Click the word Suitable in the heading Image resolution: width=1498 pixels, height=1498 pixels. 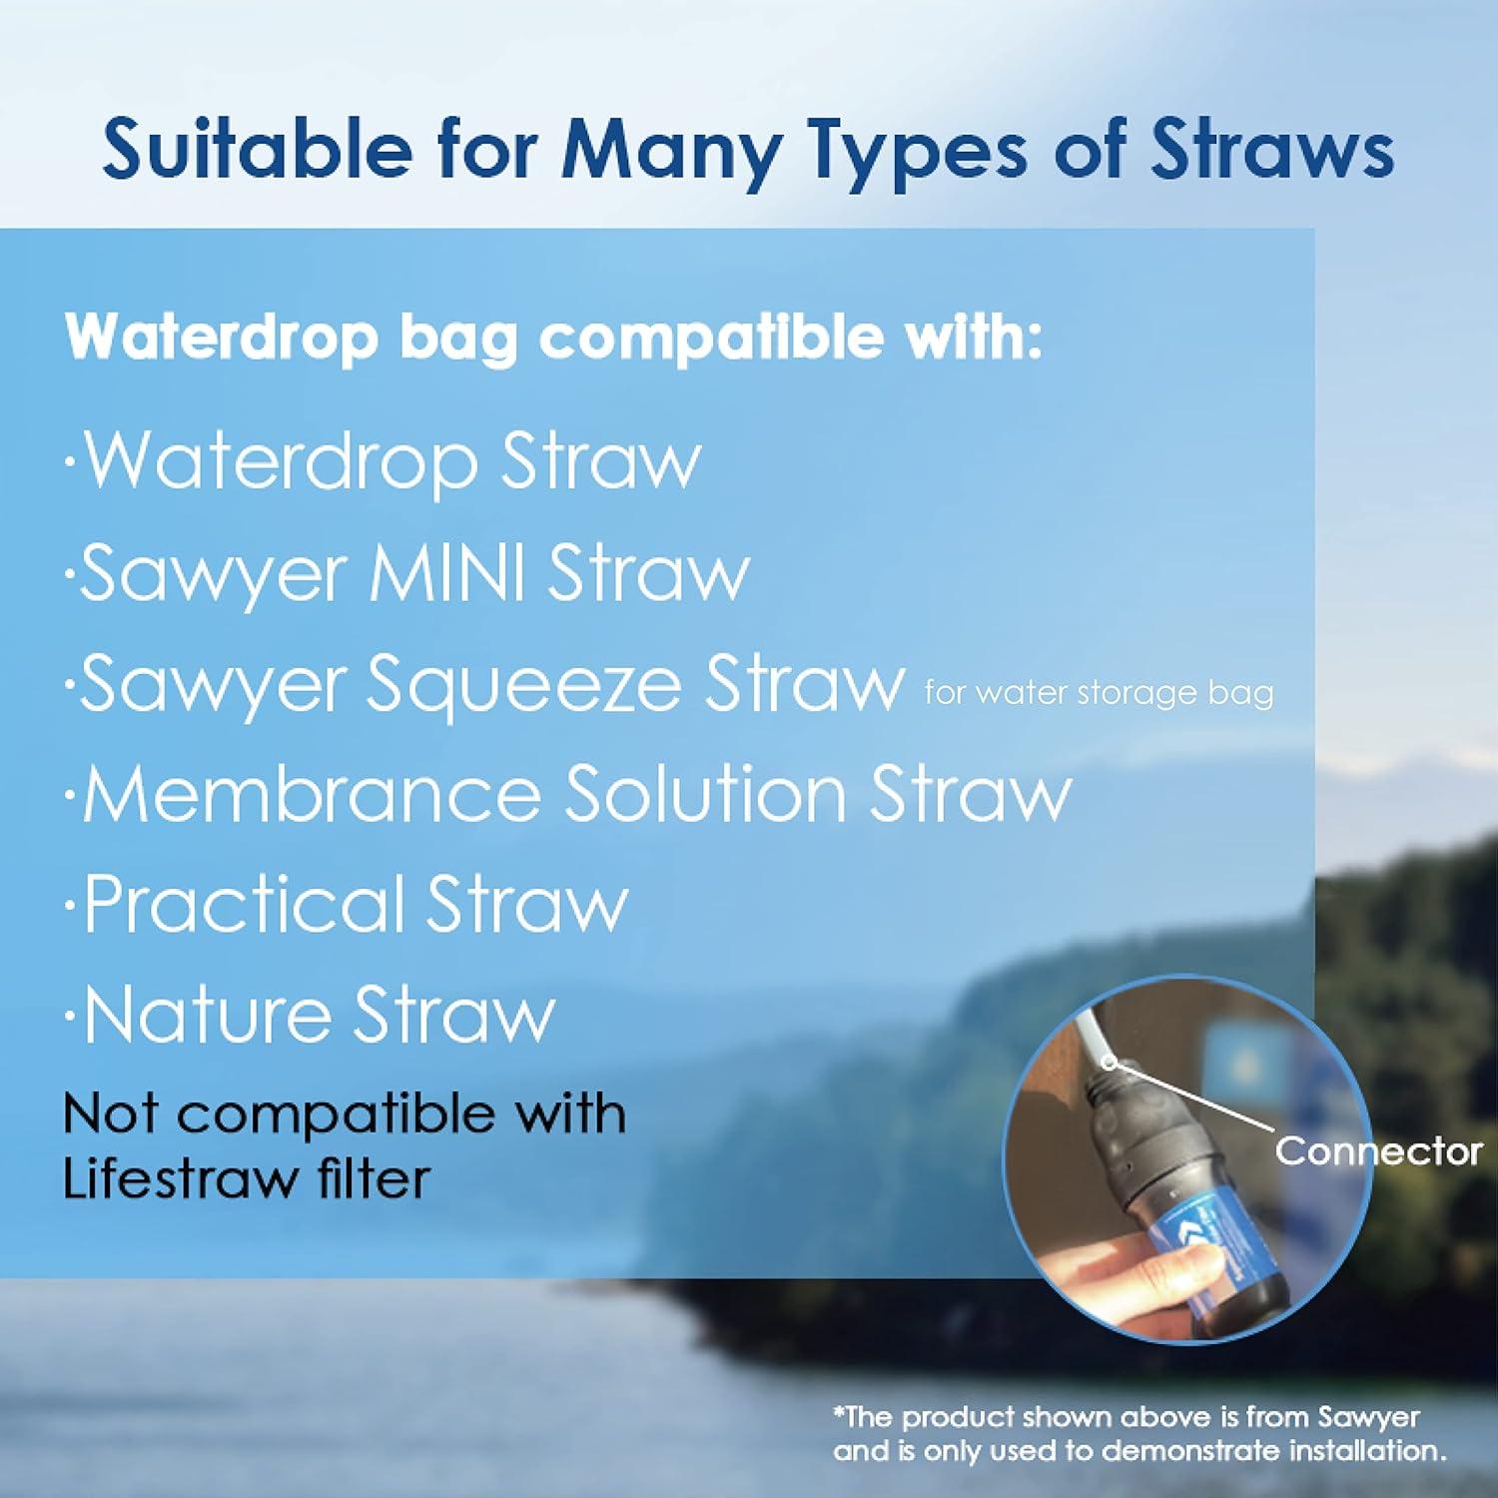click(x=258, y=150)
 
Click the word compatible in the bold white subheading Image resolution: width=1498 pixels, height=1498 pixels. click(x=711, y=338)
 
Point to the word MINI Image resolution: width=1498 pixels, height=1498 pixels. click(x=447, y=574)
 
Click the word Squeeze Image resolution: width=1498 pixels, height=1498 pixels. click(x=525, y=687)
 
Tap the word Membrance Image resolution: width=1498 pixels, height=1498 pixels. click(x=312, y=795)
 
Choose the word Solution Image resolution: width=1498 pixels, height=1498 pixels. click(x=705, y=795)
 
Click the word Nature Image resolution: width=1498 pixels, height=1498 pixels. click(x=208, y=1015)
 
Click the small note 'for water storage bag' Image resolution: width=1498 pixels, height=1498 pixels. click(x=1099, y=692)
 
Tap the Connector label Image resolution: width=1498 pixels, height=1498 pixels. click(x=1378, y=1151)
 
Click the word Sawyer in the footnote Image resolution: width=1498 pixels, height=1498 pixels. click(x=1368, y=1417)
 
